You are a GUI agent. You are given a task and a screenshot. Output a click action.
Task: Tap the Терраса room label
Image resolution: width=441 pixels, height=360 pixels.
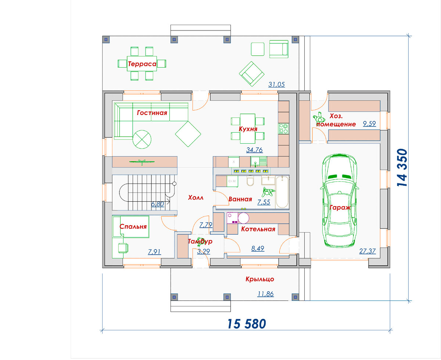[142, 64]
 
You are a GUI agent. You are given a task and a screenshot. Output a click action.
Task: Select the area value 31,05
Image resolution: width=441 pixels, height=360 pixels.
[276, 84]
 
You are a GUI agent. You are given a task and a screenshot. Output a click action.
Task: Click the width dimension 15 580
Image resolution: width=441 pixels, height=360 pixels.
[246, 324]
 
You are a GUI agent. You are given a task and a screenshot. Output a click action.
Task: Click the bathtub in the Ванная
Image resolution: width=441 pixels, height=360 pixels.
[282, 192]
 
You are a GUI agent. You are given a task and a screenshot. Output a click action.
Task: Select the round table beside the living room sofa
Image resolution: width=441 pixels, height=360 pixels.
[142, 139]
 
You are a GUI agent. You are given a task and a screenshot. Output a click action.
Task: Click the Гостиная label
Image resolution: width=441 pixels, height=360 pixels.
[152, 113]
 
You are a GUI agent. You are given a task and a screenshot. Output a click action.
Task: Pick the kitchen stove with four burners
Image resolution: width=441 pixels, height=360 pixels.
[284, 129]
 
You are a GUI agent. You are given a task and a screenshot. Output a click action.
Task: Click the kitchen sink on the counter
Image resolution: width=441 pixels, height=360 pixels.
[259, 161]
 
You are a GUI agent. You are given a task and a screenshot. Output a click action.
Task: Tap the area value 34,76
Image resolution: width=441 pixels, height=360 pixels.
[254, 150]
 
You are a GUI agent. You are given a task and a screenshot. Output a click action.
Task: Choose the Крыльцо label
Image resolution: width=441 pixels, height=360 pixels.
[260, 279]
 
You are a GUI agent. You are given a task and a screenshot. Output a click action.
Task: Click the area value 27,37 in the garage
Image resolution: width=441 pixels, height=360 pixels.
[367, 251]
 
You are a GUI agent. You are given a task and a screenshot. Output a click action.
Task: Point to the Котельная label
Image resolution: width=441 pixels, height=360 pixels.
[258, 229]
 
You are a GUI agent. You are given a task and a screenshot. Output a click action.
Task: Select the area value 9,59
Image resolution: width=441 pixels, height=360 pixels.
[369, 123]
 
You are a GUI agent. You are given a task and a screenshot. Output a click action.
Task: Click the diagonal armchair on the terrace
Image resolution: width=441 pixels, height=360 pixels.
[251, 74]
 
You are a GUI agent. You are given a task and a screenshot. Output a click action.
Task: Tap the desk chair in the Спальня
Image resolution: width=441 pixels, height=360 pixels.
[123, 248]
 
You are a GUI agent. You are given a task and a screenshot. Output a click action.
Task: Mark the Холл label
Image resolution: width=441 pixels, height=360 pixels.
[196, 198]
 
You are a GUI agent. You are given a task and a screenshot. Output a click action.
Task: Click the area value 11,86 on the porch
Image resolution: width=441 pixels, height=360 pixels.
[265, 294]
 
